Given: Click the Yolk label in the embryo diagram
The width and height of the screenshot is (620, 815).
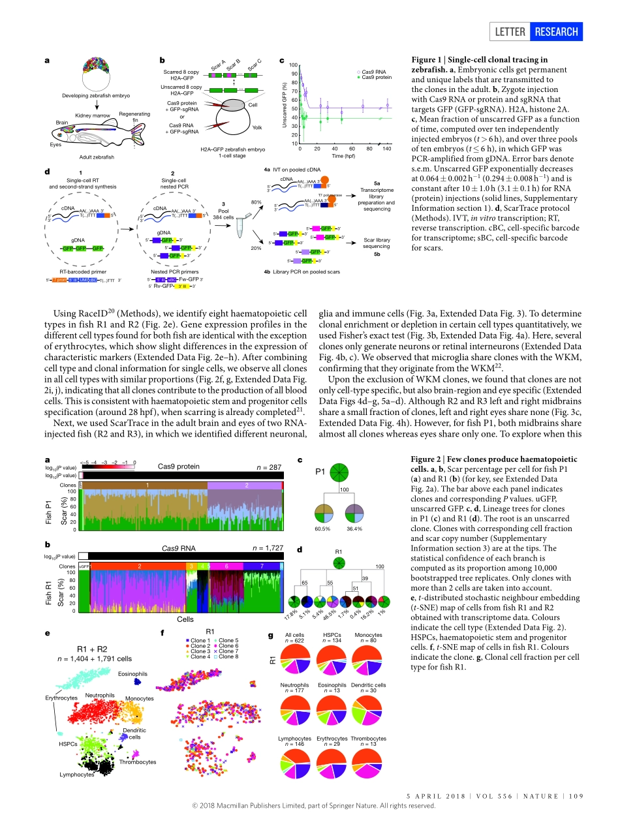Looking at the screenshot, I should pos(256,127).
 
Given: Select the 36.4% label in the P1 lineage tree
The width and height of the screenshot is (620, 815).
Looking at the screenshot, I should pos(354,527).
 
